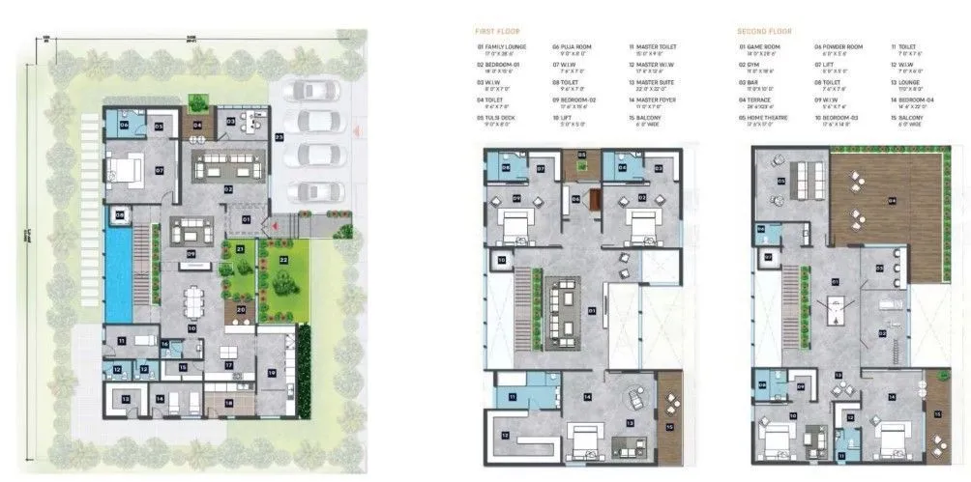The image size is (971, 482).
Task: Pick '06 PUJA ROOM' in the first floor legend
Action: [572, 45]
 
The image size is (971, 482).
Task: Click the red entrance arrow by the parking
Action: [357, 130]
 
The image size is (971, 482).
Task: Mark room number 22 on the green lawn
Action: [283, 260]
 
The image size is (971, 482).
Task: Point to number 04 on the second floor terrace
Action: [891, 200]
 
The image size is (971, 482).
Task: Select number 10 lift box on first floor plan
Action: [502, 260]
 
